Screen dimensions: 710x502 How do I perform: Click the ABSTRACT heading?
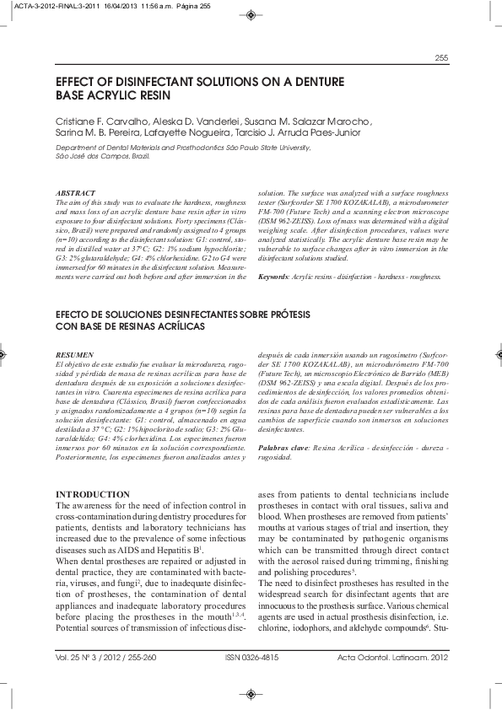(74, 194)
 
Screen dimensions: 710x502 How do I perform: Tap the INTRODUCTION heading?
(93, 493)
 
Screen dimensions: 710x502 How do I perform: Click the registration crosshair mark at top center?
(251, 14)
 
